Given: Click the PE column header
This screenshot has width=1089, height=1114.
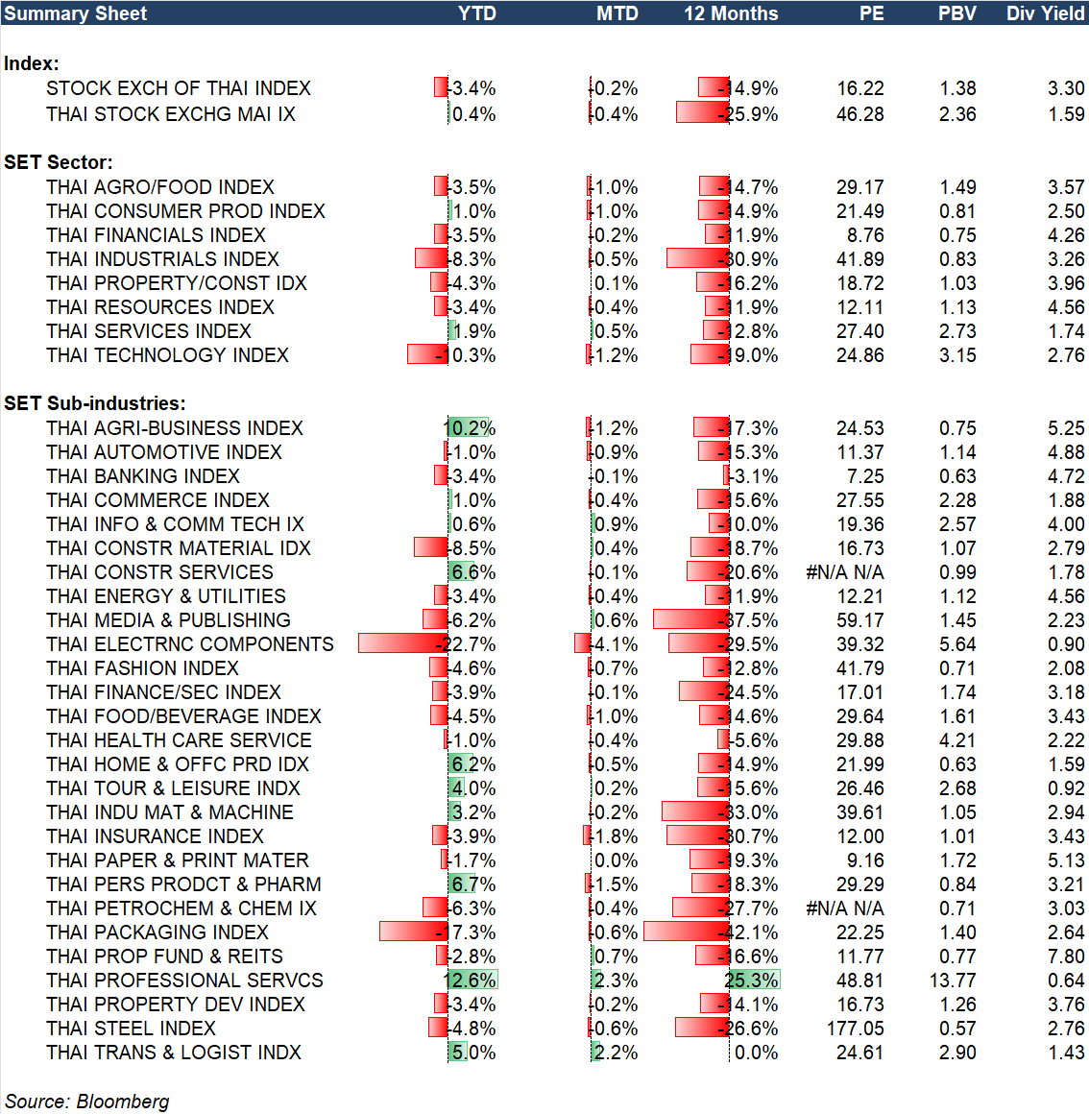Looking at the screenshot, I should pos(871,13).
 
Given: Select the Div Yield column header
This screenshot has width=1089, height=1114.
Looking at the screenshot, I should pos(1045,13).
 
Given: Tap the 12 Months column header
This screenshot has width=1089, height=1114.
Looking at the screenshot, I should pos(731,13).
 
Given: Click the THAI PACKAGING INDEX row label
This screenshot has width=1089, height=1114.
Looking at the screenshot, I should pos(157,932).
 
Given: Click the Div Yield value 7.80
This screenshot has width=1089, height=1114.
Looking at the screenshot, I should pos(1066,957).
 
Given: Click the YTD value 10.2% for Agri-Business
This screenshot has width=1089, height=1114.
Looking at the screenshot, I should pos(470,428).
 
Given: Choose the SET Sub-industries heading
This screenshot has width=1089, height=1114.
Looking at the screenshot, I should pos(95,403).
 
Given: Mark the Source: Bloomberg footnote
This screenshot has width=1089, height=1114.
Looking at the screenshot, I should pos(87,1102).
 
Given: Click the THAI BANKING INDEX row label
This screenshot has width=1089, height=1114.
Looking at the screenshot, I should pos(143,476).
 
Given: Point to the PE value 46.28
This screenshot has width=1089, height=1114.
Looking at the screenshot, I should pos(860,114).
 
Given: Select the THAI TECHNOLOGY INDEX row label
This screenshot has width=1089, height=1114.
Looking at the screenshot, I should pos(167,355).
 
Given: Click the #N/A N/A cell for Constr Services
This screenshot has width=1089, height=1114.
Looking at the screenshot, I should pos(845,572).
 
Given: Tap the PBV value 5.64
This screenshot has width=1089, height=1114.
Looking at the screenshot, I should pos(957,644).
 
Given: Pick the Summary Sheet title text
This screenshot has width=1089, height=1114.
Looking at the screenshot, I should pos(76,13).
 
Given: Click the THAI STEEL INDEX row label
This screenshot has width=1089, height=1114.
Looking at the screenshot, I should pos(131,1029).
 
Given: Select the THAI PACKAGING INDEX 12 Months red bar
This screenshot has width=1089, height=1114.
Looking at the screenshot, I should pos(686,932).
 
